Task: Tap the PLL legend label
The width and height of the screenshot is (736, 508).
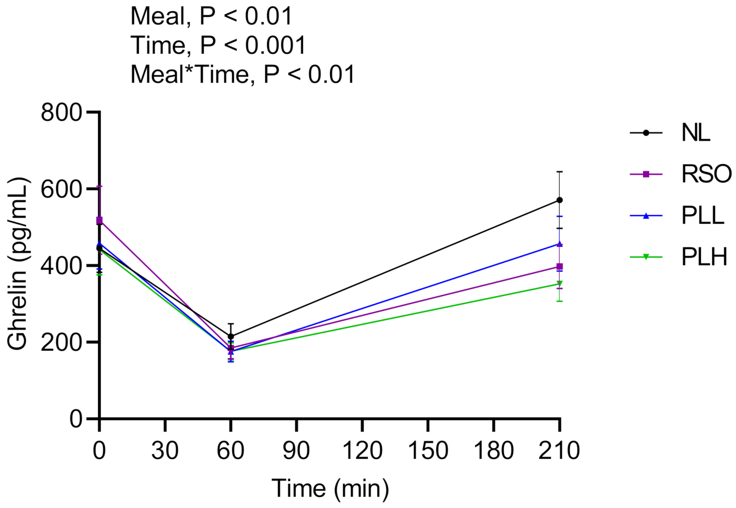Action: [703, 216]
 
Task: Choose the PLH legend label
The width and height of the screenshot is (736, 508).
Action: [704, 257]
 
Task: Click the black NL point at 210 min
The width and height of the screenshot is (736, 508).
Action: [559, 200]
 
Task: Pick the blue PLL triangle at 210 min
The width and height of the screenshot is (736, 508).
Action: [559, 244]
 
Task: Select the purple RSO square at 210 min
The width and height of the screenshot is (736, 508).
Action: [559, 267]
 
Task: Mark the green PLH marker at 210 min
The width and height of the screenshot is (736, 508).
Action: [559, 284]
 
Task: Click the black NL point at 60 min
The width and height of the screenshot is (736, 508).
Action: [231, 337]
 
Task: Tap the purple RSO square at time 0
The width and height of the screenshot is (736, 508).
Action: [99, 220]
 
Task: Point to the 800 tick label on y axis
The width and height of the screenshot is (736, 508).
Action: [61, 113]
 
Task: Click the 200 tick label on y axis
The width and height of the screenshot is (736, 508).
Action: [61, 342]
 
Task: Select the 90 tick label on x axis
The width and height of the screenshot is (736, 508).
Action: [296, 450]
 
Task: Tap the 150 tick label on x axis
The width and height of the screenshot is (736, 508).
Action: [428, 450]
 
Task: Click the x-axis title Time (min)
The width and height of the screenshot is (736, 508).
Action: [330, 488]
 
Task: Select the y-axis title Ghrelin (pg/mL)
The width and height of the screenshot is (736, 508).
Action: [17, 264]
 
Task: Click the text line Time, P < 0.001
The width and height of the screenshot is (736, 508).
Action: [218, 45]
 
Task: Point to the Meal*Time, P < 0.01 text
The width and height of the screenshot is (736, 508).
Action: [243, 74]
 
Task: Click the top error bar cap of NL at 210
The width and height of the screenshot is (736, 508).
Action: [559, 172]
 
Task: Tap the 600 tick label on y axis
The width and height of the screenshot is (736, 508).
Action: [61, 190]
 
